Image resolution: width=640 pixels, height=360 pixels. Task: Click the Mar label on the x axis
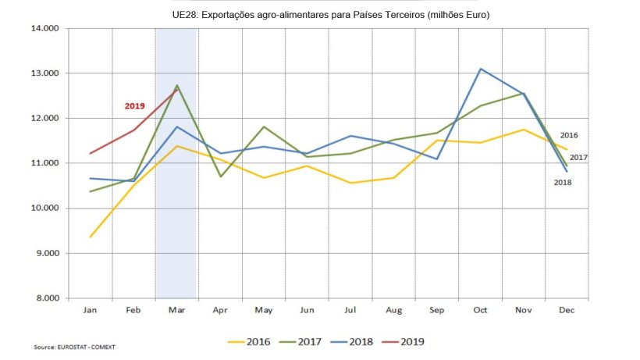176,311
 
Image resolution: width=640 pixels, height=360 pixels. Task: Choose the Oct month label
480,311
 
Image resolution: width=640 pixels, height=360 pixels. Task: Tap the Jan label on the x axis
91,311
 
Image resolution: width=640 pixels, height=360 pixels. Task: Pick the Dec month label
567,311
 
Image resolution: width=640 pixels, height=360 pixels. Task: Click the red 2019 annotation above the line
134,105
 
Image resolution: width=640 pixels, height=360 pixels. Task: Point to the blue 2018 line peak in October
481,69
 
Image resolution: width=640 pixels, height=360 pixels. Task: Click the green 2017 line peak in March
177,85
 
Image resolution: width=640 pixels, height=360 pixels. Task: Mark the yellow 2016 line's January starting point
91,237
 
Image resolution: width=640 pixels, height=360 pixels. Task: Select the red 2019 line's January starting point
91,153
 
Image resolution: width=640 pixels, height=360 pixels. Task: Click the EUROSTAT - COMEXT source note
68,347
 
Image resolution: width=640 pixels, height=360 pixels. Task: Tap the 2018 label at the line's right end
563,182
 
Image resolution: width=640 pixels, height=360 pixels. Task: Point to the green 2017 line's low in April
221,176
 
